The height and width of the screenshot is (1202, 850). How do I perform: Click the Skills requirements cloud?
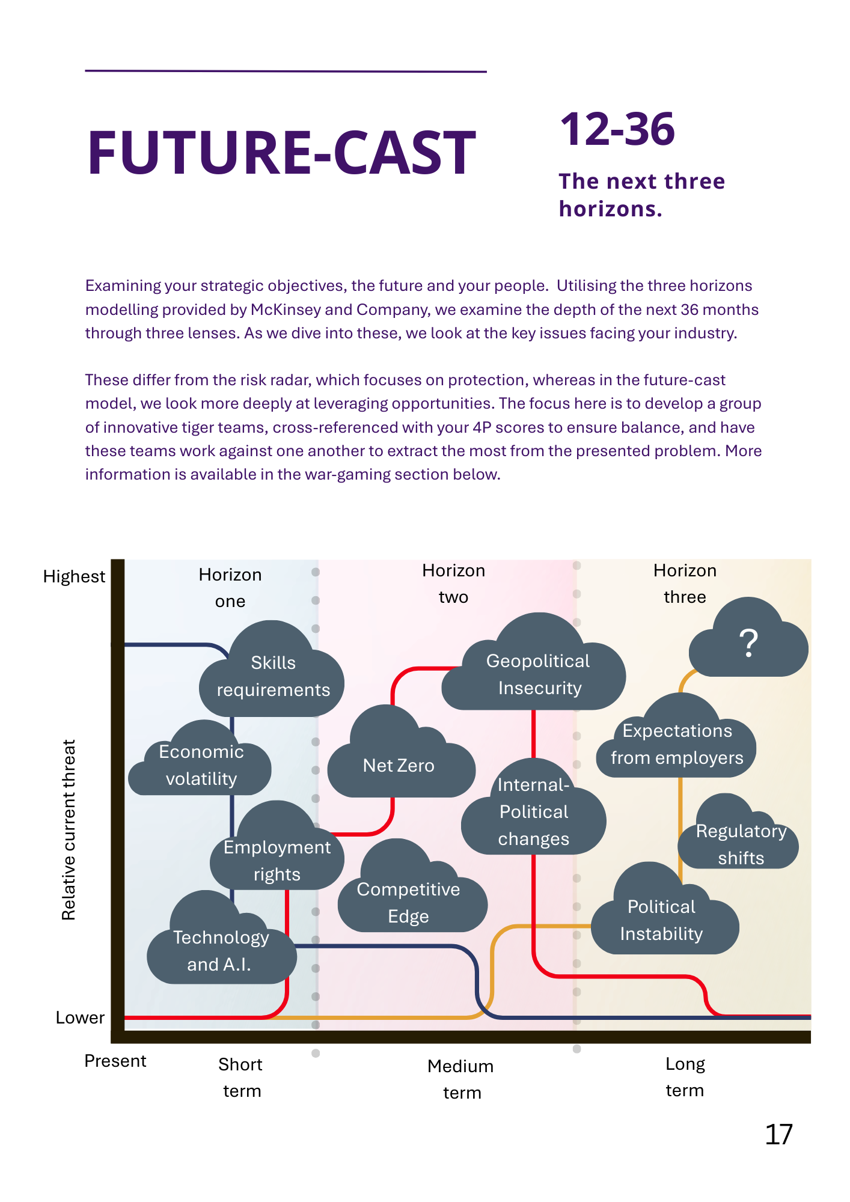tap(273, 676)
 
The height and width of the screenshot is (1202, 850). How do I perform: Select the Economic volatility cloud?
tap(201, 764)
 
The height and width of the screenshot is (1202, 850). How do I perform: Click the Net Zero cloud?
tap(399, 765)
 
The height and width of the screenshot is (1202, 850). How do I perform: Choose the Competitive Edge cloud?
tap(409, 901)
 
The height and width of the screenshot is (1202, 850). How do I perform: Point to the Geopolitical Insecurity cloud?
tap(538, 673)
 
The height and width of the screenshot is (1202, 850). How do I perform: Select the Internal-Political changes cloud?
tap(533, 811)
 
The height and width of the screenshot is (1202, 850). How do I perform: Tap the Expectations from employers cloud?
tap(677, 744)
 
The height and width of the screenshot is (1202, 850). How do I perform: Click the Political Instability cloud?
tap(662, 920)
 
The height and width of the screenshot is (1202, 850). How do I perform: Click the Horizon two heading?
tap(453, 584)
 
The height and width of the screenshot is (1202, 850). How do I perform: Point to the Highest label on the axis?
tap(74, 577)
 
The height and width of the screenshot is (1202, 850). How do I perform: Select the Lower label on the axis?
tap(80, 1018)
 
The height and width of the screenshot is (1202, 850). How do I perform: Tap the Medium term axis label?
tap(461, 1079)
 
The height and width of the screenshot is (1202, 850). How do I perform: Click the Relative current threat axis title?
tap(69, 829)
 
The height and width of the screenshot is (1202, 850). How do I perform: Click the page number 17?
tap(778, 1135)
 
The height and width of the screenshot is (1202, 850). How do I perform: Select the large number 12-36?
tap(617, 129)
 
